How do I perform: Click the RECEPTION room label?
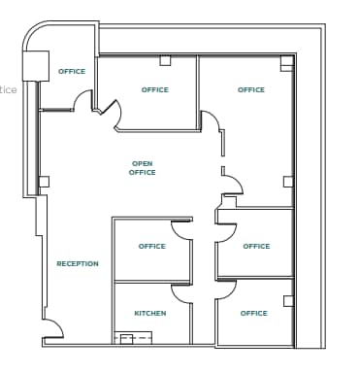[x=77, y=264]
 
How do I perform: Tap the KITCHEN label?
[x=149, y=314]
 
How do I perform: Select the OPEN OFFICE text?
[x=142, y=168]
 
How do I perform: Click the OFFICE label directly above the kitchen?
[x=151, y=247]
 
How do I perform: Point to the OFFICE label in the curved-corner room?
[x=71, y=71]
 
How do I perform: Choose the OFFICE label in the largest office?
[x=250, y=90]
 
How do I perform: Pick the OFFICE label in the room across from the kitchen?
[x=253, y=314]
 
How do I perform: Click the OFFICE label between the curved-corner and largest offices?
[x=154, y=90]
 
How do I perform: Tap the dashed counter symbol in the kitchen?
[x=133, y=337]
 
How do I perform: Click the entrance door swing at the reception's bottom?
[x=53, y=327]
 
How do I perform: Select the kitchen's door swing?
[x=182, y=291]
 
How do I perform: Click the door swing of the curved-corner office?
[x=83, y=100]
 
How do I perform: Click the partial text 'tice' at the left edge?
[x=8, y=90]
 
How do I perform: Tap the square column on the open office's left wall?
[x=44, y=181]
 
